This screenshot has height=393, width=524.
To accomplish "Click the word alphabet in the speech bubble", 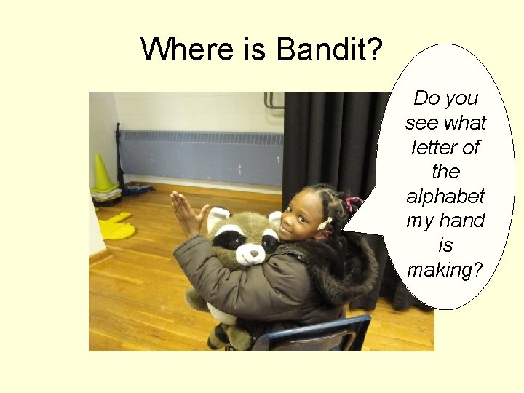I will tap(445, 196).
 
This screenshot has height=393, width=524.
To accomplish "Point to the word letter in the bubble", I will tap(445, 147).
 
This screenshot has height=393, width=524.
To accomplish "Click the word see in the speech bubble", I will tap(421, 122).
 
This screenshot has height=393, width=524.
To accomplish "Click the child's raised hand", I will tap(185, 213).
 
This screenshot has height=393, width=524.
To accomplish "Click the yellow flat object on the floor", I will tap(116, 228).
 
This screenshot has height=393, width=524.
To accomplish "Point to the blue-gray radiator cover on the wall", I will tap(199, 156).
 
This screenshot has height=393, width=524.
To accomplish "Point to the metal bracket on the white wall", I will tap(274, 100).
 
